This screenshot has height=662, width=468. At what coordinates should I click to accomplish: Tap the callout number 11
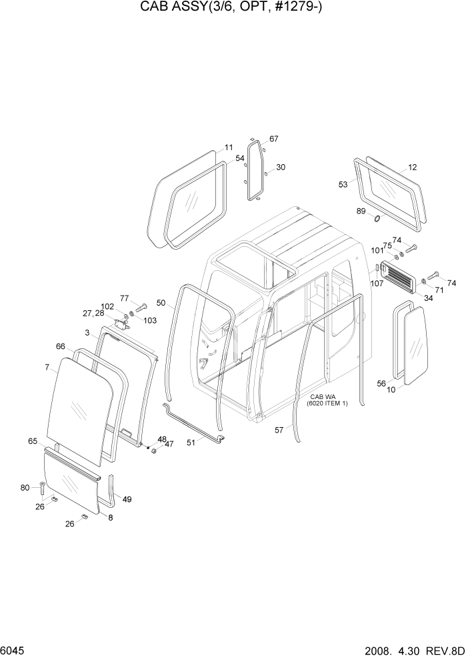(228, 147)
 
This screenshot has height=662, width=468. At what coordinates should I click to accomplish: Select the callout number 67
(273, 139)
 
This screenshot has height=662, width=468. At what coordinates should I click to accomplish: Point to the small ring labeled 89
(377, 219)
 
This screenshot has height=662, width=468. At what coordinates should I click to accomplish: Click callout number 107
(377, 283)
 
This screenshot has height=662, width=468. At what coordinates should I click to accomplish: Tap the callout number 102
(107, 307)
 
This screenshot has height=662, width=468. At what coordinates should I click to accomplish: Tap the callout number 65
(32, 441)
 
